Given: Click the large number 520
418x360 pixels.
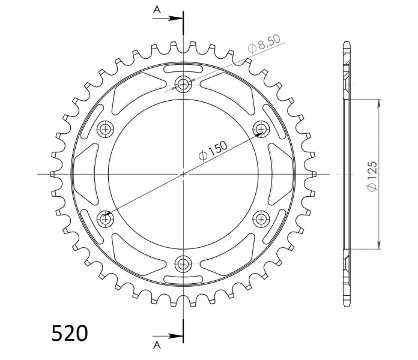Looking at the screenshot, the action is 69,333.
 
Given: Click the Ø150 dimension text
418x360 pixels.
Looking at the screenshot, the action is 213,151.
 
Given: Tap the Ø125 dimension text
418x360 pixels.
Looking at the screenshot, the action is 372,176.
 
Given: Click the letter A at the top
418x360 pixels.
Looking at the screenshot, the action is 157,10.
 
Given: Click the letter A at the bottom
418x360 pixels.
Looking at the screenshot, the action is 157,346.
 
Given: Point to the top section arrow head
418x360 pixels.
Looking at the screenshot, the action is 175,19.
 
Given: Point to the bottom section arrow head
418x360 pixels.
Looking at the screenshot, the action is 175,336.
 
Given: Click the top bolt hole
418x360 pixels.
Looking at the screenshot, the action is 183,85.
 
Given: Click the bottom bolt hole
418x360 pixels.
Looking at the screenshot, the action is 183,264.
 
